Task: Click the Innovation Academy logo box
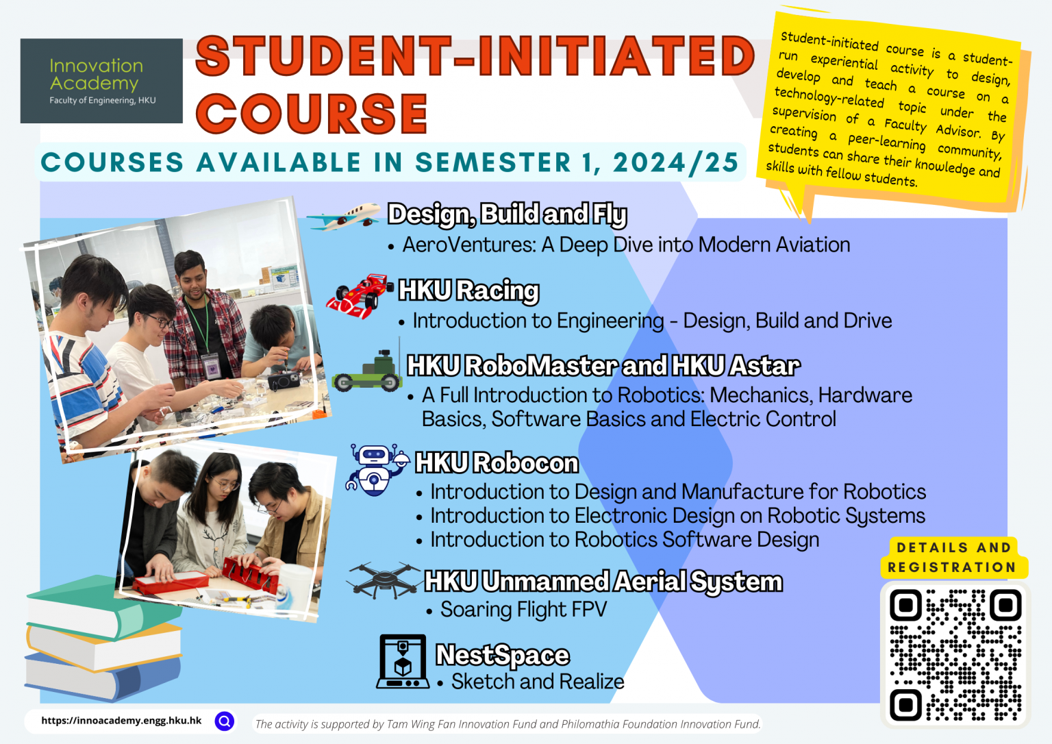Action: (101, 81)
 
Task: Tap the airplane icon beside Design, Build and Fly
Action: (343, 216)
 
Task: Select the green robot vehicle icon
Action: (367, 373)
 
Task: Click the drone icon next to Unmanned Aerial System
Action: (384, 581)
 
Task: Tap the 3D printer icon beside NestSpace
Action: (403, 661)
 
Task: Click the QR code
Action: (955, 654)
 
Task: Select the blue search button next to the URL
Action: (225, 721)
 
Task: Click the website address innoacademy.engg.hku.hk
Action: (121, 721)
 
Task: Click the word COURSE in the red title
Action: (312, 114)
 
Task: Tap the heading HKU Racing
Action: (469, 290)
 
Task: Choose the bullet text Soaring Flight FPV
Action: (523, 609)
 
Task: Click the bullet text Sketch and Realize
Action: (538, 682)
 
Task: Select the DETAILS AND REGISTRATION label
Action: (953, 558)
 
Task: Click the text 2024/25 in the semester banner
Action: (675, 163)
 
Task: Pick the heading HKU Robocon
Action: (497, 463)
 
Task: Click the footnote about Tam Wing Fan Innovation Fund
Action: (508, 724)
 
